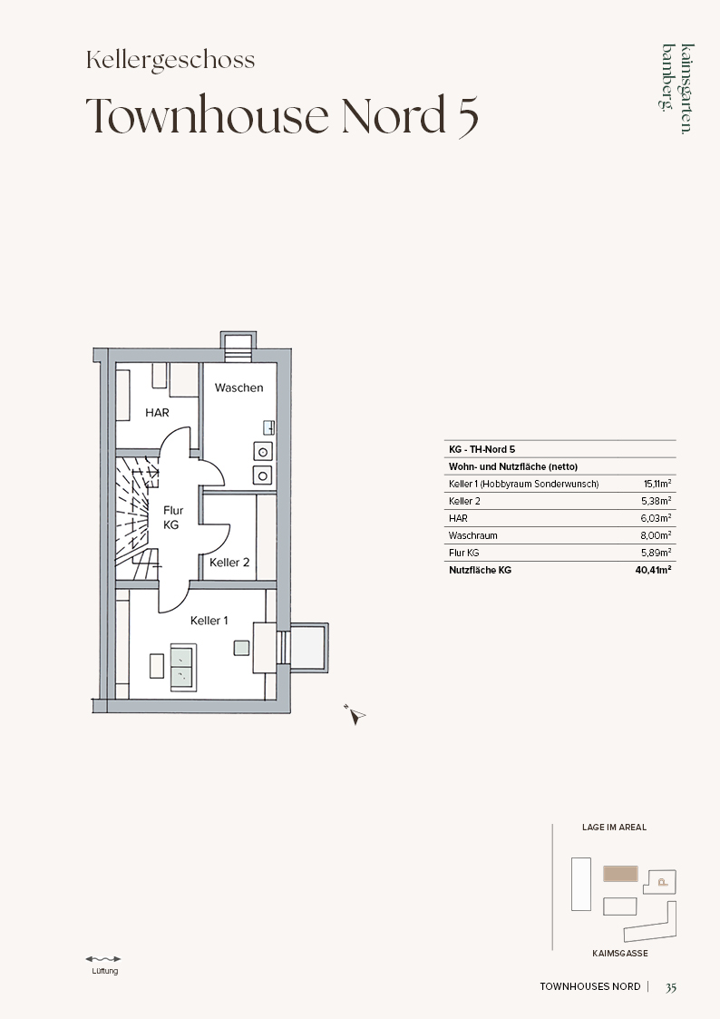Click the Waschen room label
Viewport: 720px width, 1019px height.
click(238, 388)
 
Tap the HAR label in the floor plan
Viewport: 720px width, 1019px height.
click(157, 413)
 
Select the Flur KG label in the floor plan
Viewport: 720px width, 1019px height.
click(172, 517)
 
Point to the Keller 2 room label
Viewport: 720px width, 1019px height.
click(229, 563)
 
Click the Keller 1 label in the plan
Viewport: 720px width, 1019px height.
click(209, 621)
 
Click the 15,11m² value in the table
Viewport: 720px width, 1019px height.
click(657, 484)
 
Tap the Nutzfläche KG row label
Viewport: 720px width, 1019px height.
click(480, 570)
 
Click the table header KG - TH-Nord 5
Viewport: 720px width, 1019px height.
click(482, 449)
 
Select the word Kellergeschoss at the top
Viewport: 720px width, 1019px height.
click(170, 61)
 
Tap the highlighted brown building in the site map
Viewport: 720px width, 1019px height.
click(620, 874)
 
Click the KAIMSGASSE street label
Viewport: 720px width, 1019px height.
click(620, 954)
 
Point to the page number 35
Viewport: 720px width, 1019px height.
click(671, 987)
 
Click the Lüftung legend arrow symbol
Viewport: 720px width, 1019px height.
click(103, 958)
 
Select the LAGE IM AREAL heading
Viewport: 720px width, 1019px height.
click(614, 828)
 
